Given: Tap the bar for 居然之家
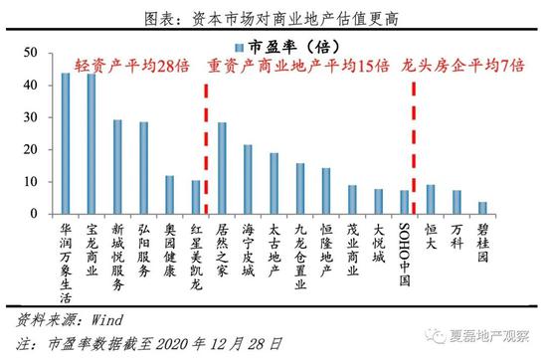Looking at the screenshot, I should coord(222,168).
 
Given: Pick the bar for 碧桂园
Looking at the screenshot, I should coord(482,208).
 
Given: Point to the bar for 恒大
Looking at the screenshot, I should coord(431,199).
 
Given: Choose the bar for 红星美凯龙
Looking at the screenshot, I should coord(196,197).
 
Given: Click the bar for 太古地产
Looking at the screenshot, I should coord(273,184).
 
